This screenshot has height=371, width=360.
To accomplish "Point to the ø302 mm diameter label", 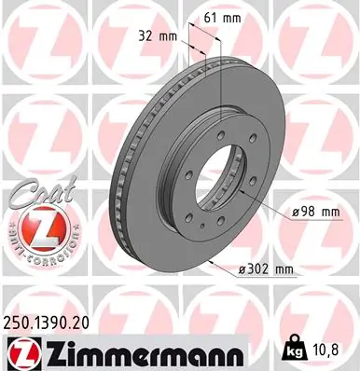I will point(269,269).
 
